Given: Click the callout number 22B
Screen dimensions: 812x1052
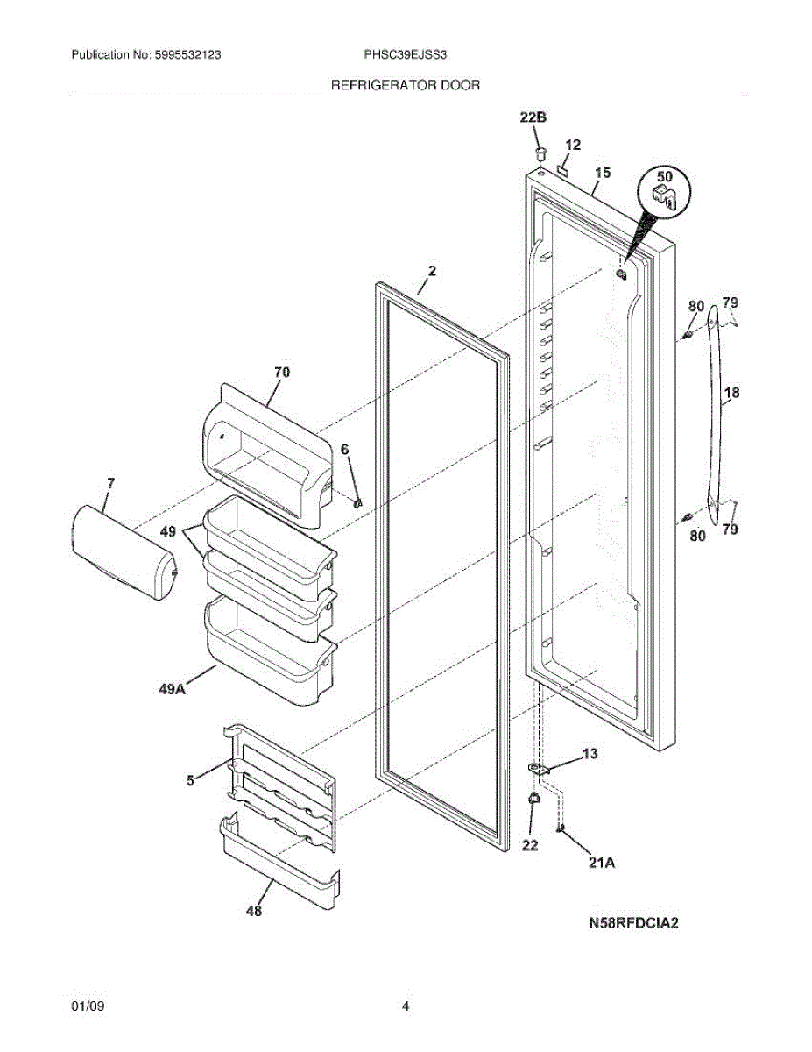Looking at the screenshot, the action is coord(533,117).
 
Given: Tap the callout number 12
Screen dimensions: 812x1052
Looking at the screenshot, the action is coord(573,145).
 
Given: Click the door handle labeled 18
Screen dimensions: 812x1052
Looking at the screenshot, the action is coord(717,415).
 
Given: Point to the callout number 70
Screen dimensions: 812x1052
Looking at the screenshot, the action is coord(282,373).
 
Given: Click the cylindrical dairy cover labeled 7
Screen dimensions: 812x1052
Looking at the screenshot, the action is coord(124,552).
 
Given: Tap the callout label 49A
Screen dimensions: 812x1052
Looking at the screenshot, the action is coord(173,688).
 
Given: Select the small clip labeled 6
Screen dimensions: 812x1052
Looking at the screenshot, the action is coord(357,503).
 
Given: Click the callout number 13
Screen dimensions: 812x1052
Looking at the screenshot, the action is coord(590,753).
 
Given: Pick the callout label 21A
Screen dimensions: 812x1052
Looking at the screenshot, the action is coord(602,863).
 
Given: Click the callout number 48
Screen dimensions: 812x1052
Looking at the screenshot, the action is coord(254,911).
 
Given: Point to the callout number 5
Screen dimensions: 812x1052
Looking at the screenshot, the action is coord(191,780).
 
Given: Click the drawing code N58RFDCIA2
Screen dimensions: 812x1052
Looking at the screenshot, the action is coord(633,923).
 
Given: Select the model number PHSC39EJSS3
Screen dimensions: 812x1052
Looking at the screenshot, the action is coord(406,54).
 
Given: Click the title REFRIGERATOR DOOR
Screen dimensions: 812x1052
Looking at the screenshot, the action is coord(406,85).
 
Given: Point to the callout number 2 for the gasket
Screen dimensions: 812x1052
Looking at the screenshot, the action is coord(432,271).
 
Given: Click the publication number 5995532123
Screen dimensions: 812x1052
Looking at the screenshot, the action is coord(187,54).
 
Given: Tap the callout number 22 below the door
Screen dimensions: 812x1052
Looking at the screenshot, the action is coord(530,845).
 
